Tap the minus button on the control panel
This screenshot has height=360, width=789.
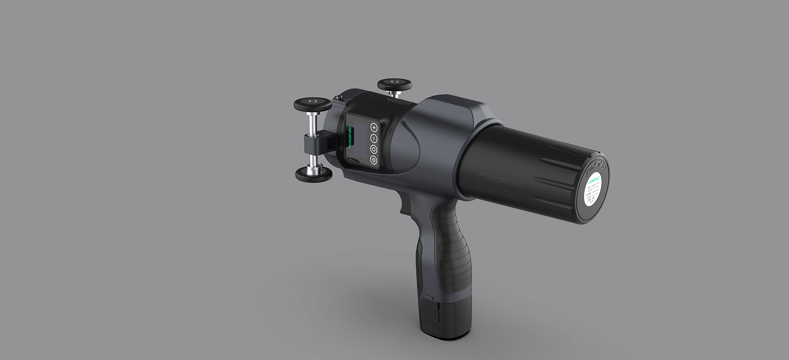374,138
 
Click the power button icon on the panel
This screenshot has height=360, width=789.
374,159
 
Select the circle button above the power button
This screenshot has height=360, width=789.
374,149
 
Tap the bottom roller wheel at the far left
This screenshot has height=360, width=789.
314,173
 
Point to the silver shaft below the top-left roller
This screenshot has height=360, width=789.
313,122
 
